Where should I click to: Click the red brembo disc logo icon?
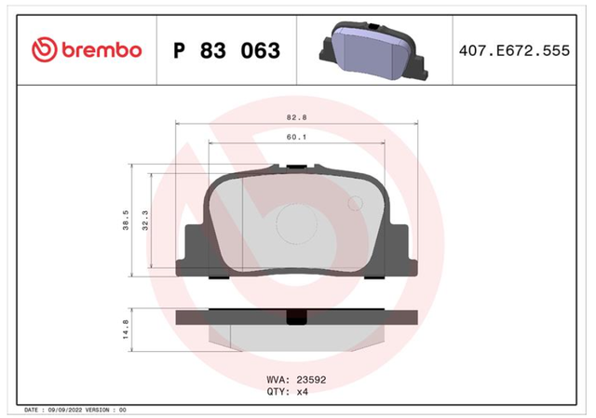pyautogui.click(x=45, y=49)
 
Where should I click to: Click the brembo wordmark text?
pyautogui.click(x=102, y=49)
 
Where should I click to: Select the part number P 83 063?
pyautogui.click(x=226, y=50)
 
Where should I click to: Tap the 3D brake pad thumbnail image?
pyautogui.click(x=373, y=50)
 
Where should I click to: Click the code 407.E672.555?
pyautogui.click(x=514, y=50)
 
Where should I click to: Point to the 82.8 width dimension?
pyautogui.click(x=296, y=117)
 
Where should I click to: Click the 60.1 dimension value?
pyautogui.click(x=296, y=137)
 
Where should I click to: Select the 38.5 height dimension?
pyautogui.click(x=126, y=220)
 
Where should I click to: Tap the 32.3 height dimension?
pyautogui.click(x=145, y=220)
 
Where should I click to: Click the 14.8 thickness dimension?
pyautogui.click(x=126, y=329)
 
